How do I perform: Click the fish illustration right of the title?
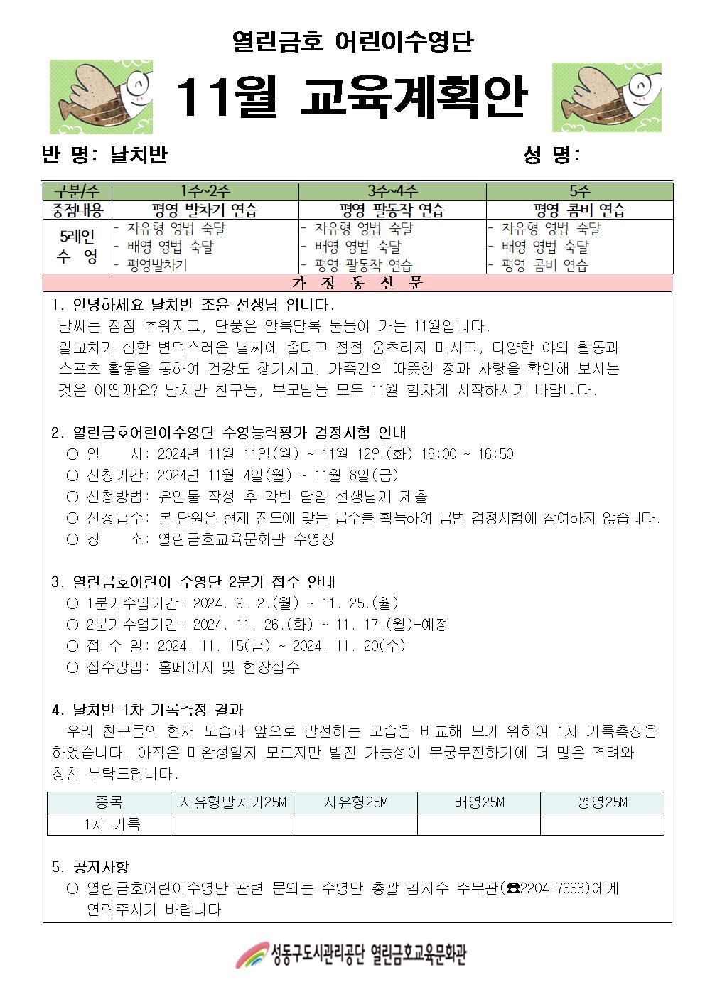pos(606,97)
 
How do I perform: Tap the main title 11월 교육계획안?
pos(352,97)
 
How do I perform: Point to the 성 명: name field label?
pos(551,155)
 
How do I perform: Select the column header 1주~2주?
pos(205,191)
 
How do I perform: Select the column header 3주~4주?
pos(392,191)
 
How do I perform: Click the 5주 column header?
pos(579,191)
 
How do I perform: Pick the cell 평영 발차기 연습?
pos(205,210)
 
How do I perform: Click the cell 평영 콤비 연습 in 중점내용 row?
pos(579,210)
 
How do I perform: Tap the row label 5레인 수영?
pos(77,247)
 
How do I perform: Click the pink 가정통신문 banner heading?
pos(357,283)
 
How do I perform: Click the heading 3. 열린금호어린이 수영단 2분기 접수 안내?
pos(193,582)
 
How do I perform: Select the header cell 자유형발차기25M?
pos(232,802)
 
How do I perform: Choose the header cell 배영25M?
pos(478,802)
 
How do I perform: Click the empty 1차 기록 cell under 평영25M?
pos(602,824)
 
